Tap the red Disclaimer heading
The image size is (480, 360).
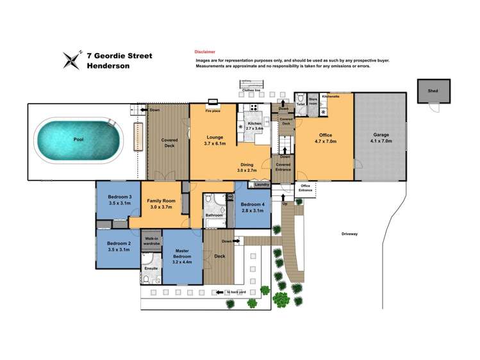(205, 51)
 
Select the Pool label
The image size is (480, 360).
(78, 138)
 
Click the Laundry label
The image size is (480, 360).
(261, 184)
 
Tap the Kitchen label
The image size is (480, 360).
(255, 124)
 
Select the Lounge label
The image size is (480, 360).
(213, 136)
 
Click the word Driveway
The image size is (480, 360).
(349, 234)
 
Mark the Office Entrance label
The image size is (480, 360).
(306, 188)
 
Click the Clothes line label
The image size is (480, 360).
(252, 90)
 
